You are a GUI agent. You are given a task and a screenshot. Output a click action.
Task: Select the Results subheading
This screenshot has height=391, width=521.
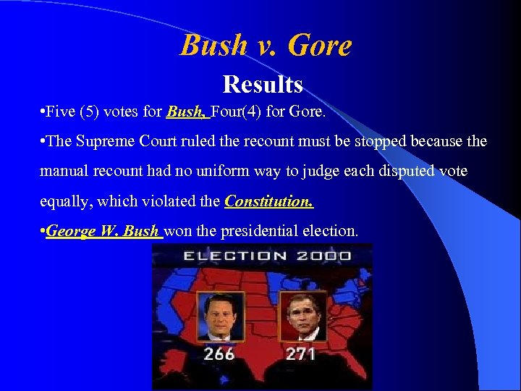262,85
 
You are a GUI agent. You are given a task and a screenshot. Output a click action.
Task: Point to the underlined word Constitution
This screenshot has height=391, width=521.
269,201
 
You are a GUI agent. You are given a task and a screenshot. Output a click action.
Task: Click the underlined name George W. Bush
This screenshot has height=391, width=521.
102,231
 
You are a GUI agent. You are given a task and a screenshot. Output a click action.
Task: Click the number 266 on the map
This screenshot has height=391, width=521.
219,355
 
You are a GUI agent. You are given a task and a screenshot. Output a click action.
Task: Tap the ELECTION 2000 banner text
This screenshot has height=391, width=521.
267,256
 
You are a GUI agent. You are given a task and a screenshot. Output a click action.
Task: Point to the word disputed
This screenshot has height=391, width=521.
405,171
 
